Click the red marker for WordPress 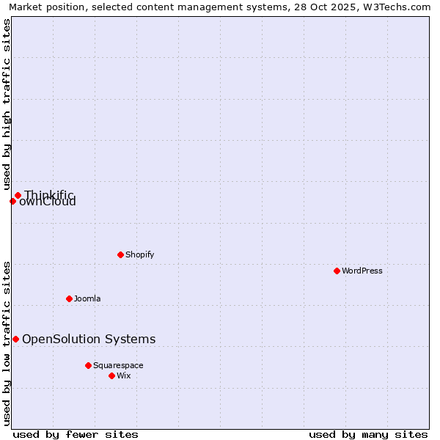(x=337, y=271)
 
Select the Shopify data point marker (x=120, y=254)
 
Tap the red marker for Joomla (x=69, y=298)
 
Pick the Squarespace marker (x=88, y=365)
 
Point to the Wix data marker (x=111, y=375)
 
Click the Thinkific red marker (x=18, y=195)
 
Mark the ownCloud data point (x=12, y=201)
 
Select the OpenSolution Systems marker (x=15, y=339)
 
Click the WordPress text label (x=362, y=271)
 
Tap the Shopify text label (x=139, y=254)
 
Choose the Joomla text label (x=87, y=298)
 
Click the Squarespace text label (x=118, y=365)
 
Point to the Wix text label (x=124, y=375)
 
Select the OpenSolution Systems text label (x=89, y=339)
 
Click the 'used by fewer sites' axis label (x=76, y=434)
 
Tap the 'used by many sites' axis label (x=368, y=434)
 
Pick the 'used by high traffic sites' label (x=7, y=104)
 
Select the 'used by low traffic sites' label (x=7, y=343)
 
